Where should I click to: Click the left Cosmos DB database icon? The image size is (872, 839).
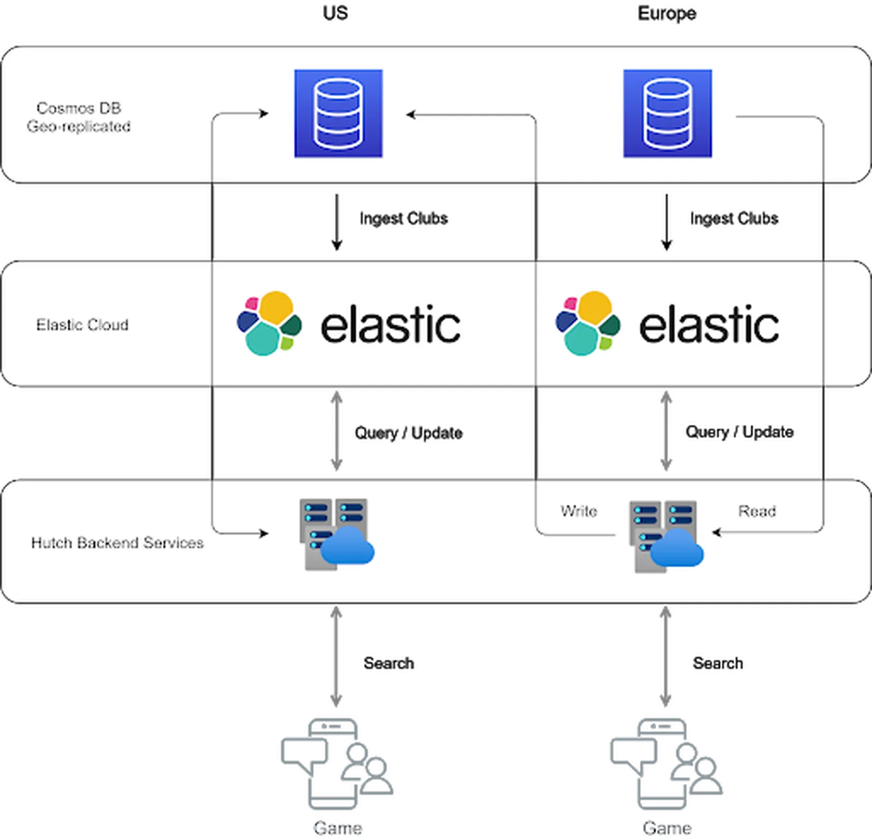[x=338, y=113]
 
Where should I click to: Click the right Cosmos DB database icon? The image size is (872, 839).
[x=668, y=113]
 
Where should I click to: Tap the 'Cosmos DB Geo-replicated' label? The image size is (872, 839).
[x=78, y=117]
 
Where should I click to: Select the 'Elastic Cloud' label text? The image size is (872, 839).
[x=82, y=324]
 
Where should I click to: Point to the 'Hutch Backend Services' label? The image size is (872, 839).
[x=117, y=543]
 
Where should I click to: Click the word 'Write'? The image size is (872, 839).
[x=579, y=511]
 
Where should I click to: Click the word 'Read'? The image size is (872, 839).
[x=757, y=511]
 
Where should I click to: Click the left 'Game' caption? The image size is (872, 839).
[x=338, y=828]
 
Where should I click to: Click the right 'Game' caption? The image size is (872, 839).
[x=667, y=828]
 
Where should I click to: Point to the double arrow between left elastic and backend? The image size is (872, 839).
[x=337, y=432]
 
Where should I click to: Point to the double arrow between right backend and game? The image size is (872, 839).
[x=665, y=658]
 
